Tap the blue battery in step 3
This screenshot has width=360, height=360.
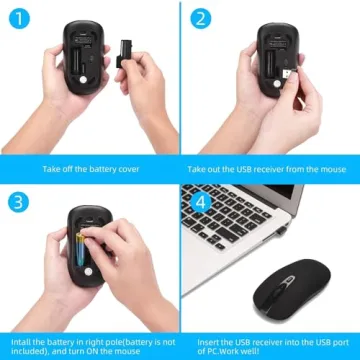pyautogui.click(x=84, y=248)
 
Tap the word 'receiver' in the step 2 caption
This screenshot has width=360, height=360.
pyautogui.click(x=278, y=168)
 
